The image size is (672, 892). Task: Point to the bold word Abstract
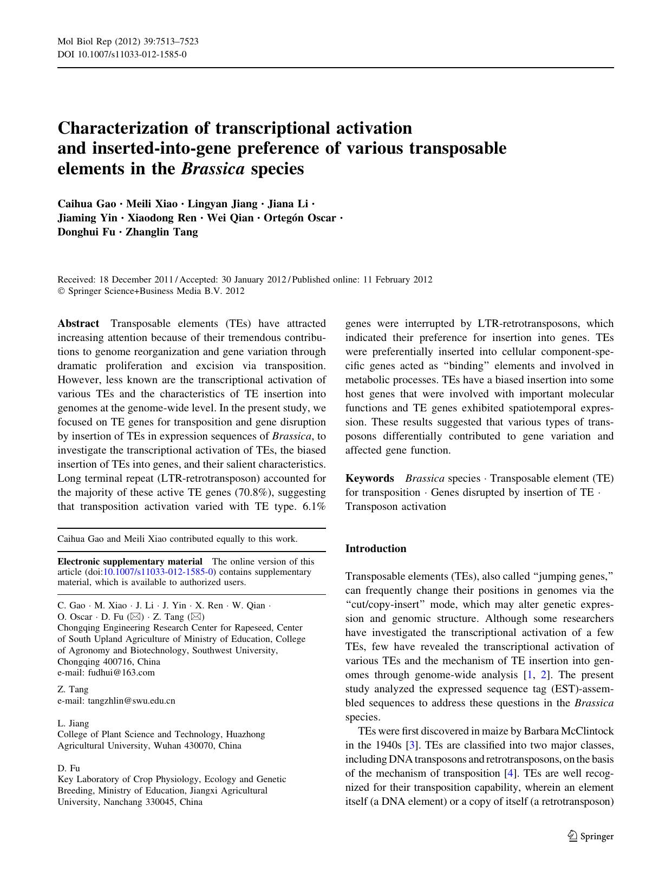pyautogui.click(x=79, y=324)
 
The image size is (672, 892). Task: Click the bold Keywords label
pyautogui.click(x=370, y=478)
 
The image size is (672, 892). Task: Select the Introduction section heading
pyautogui.click(x=376, y=549)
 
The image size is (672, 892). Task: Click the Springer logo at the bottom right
pyautogui.click(x=591, y=836)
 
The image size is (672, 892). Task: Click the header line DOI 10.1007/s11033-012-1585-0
pyautogui.click(x=122, y=55)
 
